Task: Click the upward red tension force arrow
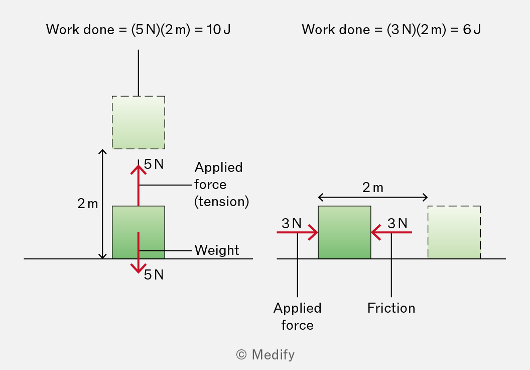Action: (x=138, y=185)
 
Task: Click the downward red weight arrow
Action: (x=138, y=252)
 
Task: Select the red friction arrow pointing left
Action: (x=391, y=232)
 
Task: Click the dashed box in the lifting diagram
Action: (x=139, y=123)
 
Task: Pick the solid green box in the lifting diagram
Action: (x=139, y=232)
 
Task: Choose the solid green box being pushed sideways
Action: (x=344, y=232)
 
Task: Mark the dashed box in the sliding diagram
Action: (x=454, y=232)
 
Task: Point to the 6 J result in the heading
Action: (x=472, y=30)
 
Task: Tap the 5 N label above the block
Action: (x=154, y=164)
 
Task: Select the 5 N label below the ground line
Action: (x=154, y=275)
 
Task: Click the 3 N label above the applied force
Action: (x=292, y=223)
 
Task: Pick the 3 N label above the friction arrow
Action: (x=398, y=223)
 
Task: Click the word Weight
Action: (x=217, y=250)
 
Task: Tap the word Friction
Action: (x=391, y=308)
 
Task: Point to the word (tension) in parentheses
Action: (x=222, y=202)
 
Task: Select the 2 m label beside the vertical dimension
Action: (x=87, y=204)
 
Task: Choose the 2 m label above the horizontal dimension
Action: (x=373, y=188)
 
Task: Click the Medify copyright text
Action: (x=266, y=355)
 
